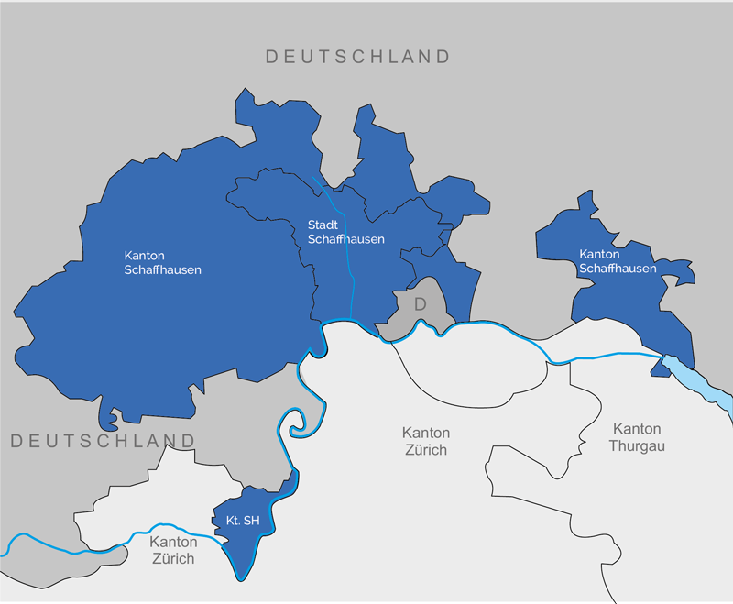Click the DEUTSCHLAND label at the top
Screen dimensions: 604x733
pyautogui.click(x=357, y=57)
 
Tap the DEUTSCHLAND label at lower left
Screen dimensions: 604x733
pyautogui.click(x=104, y=442)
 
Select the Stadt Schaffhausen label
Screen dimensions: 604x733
pyautogui.click(x=345, y=232)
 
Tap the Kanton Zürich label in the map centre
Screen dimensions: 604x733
pyautogui.click(x=425, y=441)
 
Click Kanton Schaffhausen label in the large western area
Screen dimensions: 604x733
pyautogui.click(x=162, y=262)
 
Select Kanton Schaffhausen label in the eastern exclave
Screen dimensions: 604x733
pyautogui.click(x=618, y=261)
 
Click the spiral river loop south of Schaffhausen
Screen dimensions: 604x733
pyautogui.click(x=299, y=423)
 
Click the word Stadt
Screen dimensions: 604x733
pyautogui.click(x=323, y=225)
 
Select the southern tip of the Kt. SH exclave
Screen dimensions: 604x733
pyautogui.click(x=242, y=576)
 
